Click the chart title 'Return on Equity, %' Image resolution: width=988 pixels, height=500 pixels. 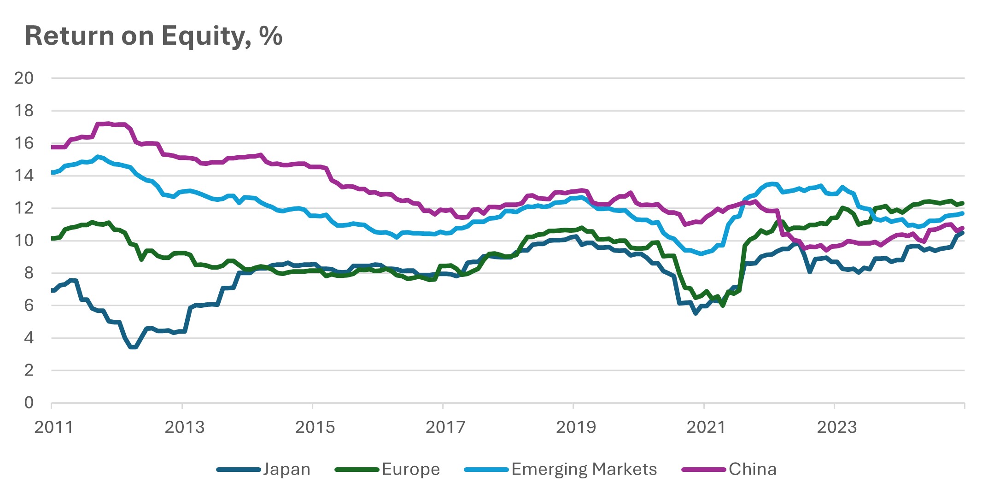(x=153, y=36)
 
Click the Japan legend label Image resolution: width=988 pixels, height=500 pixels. (x=286, y=469)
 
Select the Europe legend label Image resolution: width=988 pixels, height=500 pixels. (x=411, y=469)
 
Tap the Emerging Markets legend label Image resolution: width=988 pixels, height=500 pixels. (x=584, y=469)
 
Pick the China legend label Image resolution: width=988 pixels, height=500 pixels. (x=752, y=469)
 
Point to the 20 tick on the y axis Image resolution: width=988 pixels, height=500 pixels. (x=24, y=78)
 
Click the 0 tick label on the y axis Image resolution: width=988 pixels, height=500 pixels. (x=29, y=402)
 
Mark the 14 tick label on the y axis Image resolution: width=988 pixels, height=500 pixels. (x=24, y=176)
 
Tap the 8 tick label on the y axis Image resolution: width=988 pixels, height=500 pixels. (x=29, y=273)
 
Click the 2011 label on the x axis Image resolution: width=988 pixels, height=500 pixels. (x=54, y=427)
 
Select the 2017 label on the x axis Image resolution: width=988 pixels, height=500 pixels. (x=445, y=427)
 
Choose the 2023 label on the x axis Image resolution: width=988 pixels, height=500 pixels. (x=836, y=427)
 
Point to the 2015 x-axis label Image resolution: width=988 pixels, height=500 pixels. (x=315, y=427)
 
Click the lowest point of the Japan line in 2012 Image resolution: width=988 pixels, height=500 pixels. (x=133, y=347)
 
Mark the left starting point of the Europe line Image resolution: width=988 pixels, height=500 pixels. (x=53, y=238)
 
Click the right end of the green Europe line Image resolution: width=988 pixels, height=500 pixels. (x=963, y=203)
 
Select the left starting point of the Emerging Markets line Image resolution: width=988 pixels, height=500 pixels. (x=53, y=172)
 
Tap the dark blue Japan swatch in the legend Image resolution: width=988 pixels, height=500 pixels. (x=238, y=470)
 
